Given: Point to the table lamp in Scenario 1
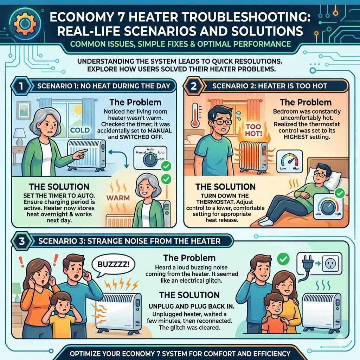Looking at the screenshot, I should pyautogui.click(x=20, y=135).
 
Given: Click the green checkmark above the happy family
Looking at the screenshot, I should pyautogui.click(x=283, y=259).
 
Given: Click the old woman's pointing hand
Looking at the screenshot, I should pyautogui.click(x=82, y=152).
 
